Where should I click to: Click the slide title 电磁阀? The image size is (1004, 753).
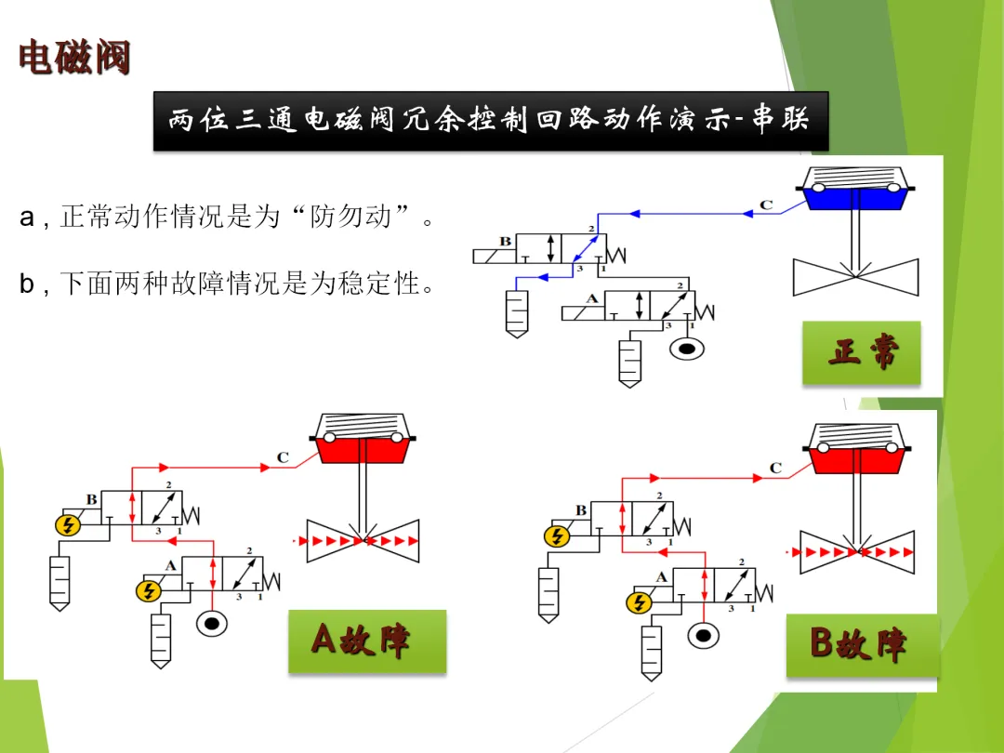pyautogui.click(x=74, y=58)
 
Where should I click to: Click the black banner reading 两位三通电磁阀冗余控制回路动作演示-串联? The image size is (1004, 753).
pyautogui.click(x=490, y=121)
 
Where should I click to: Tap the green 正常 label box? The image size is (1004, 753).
pyautogui.click(x=862, y=352)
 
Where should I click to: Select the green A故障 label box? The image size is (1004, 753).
pyautogui.click(x=366, y=641)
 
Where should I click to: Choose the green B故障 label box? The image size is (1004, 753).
pyautogui.click(x=862, y=643)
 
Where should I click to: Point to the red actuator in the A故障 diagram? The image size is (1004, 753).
pyautogui.click(x=364, y=448)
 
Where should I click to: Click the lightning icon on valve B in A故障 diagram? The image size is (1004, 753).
pyautogui.click(x=67, y=525)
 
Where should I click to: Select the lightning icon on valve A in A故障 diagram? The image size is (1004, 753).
pyautogui.click(x=147, y=590)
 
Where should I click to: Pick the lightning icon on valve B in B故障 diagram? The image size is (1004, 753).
pyautogui.click(x=556, y=536)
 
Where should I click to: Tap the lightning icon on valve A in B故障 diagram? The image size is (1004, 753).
pyautogui.click(x=638, y=602)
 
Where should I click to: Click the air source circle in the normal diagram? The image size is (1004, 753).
pyautogui.click(x=688, y=349)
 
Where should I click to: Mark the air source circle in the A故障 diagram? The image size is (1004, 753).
pyautogui.click(x=212, y=623)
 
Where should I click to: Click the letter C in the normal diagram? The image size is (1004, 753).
pyautogui.click(x=766, y=205)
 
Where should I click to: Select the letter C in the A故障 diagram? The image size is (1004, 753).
pyautogui.click(x=283, y=457)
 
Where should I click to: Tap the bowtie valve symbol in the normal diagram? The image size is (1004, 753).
pyautogui.click(x=855, y=277)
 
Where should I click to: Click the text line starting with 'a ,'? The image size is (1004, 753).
pyautogui.click(x=227, y=218)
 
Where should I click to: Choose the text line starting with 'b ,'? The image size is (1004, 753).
pyautogui.click(x=227, y=284)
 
